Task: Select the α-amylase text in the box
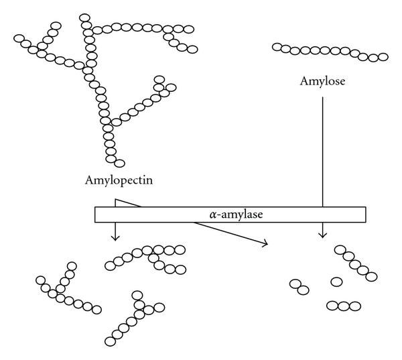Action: pyautogui.click(x=231, y=214)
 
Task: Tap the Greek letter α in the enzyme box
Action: pyautogui.click(x=212, y=215)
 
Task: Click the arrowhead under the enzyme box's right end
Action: pyautogui.click(x=323, y=235)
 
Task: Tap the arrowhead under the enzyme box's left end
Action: pyautogui.click(x=115, y=236)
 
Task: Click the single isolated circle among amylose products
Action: pyautogui.click(x=336, y=282)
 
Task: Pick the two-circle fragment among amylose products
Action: pyautogui.click(x=299, y=286)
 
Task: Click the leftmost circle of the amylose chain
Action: pyautogui.click(x=277, y=46)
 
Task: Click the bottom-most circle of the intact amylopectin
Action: pyautogui.click(x=120, y=162)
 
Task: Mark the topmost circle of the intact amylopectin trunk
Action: pyautogui.click(x=84, y=16)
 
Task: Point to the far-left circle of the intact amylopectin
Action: pyautogui.click(x=19, y=39)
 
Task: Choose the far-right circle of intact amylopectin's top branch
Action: pyautogui.click(x=193, y=49)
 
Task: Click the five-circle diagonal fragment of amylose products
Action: pyautogui.click(x=354, y=263)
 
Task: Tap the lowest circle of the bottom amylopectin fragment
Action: pyautogui.click(x=111, y=338)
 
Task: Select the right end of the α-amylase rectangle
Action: pyautogui.click(x=365, y=214)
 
